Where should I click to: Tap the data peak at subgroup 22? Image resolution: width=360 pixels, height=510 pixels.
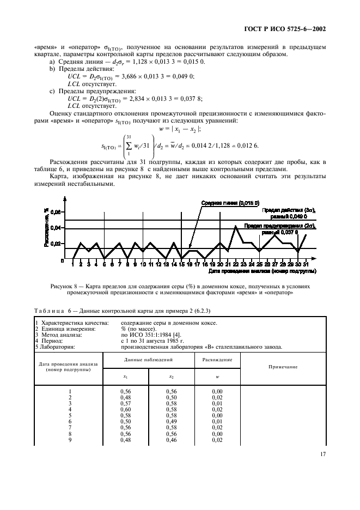[235, 226]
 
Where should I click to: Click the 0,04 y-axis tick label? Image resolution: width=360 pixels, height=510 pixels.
[58, 228]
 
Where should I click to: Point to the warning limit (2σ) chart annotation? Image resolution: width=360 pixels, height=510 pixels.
[287, 228]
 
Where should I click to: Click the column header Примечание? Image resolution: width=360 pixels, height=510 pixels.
[283, 367]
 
